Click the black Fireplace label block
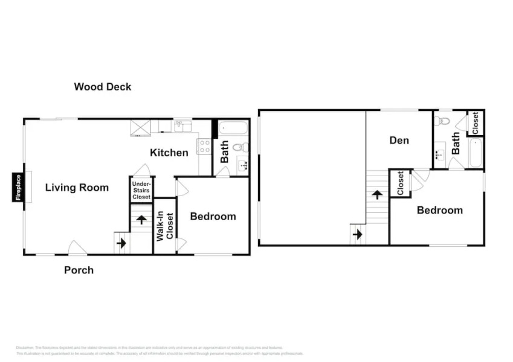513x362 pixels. coord(18,187)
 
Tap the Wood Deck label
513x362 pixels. coord(102,87)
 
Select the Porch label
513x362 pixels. coord(79,270)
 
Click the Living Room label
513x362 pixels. coord(77,188)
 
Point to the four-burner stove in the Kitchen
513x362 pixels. coord(204,147)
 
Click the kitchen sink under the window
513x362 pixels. coord(181,127)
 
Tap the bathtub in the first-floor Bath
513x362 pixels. coord(233,129)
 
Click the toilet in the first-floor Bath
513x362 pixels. coord(241,147)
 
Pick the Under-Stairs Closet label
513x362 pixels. coord(141,189)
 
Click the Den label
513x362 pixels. coord(399,141)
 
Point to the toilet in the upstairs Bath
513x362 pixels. coord(444,121)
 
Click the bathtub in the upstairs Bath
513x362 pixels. coord(476,153)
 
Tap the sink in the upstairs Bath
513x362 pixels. coord(440,153)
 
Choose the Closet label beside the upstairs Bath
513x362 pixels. coord(475,123)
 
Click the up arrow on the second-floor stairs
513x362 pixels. coord(377,195)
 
